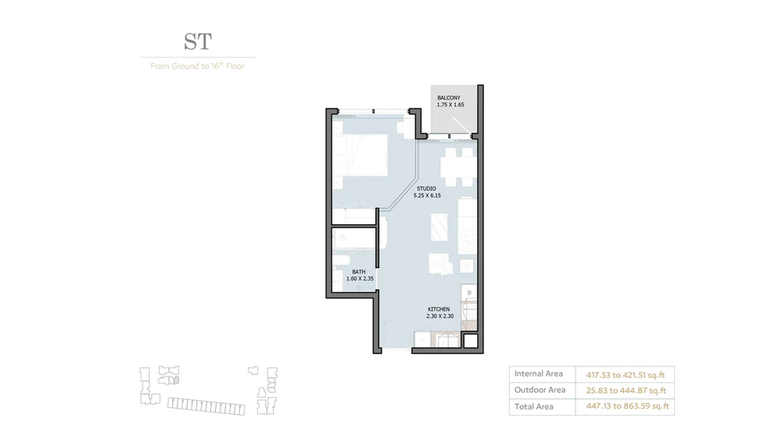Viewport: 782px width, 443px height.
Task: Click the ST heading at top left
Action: coord(198,41)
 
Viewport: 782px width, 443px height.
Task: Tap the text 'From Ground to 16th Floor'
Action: coord(197,66)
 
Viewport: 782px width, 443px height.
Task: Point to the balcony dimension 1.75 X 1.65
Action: coord(450,105)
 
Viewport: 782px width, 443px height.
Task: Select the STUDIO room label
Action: coord(426,188)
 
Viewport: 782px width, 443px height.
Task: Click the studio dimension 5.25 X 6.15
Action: coord(427,195)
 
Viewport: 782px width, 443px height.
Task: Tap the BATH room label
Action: coord(358,272)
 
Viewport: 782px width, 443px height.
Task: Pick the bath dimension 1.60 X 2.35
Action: coord(359,278)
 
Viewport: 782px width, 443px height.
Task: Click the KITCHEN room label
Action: coord(439,309)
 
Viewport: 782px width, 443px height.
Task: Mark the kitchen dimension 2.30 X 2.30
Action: coord(439,316)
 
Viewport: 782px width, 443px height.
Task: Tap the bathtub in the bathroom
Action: coord(354,238)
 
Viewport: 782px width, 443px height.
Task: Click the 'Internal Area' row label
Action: coord(538,374)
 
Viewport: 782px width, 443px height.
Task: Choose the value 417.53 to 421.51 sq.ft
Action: coord(625,375)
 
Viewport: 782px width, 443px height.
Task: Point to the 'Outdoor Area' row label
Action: coord(540,390)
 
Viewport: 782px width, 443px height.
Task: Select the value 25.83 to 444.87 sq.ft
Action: coord(626,391)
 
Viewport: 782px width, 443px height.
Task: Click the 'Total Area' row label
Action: coord(533,406)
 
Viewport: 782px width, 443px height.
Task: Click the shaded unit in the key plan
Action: coord(176,380)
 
